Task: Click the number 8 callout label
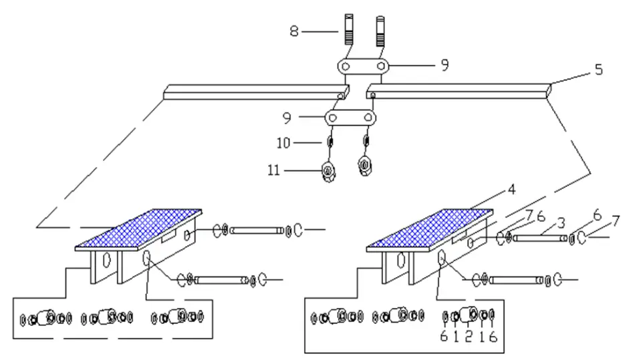coord(294,31)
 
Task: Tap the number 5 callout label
coord(598,68)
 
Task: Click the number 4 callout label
coord(511,189)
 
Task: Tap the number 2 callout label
coord(469,336)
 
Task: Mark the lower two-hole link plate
coord(350,118)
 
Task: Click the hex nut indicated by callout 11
coord(328,171)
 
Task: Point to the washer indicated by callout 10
coord(330,142)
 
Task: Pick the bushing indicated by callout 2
coord(469,315)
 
